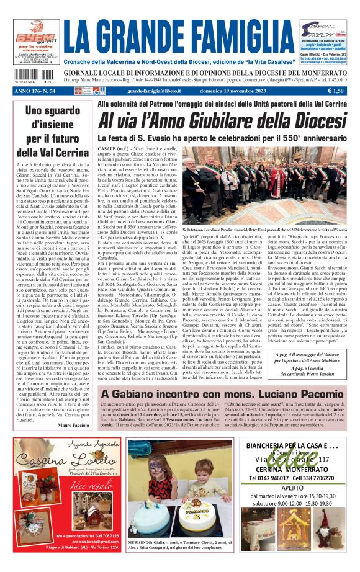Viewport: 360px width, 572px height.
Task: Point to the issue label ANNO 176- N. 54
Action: point(35,91)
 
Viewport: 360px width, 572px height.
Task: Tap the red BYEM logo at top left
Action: point(29,30)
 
